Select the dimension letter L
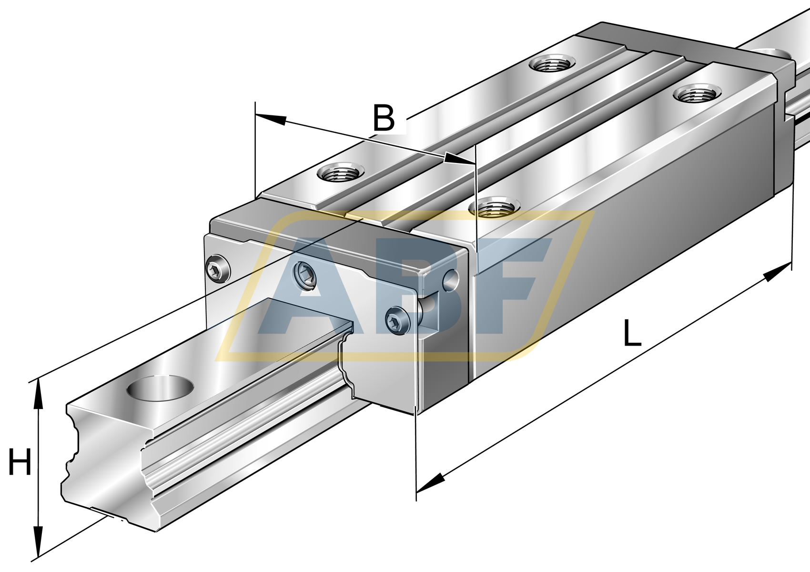tap(632, 333)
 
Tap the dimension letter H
tap(20, 462)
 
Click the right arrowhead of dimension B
tap(459, 159)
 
